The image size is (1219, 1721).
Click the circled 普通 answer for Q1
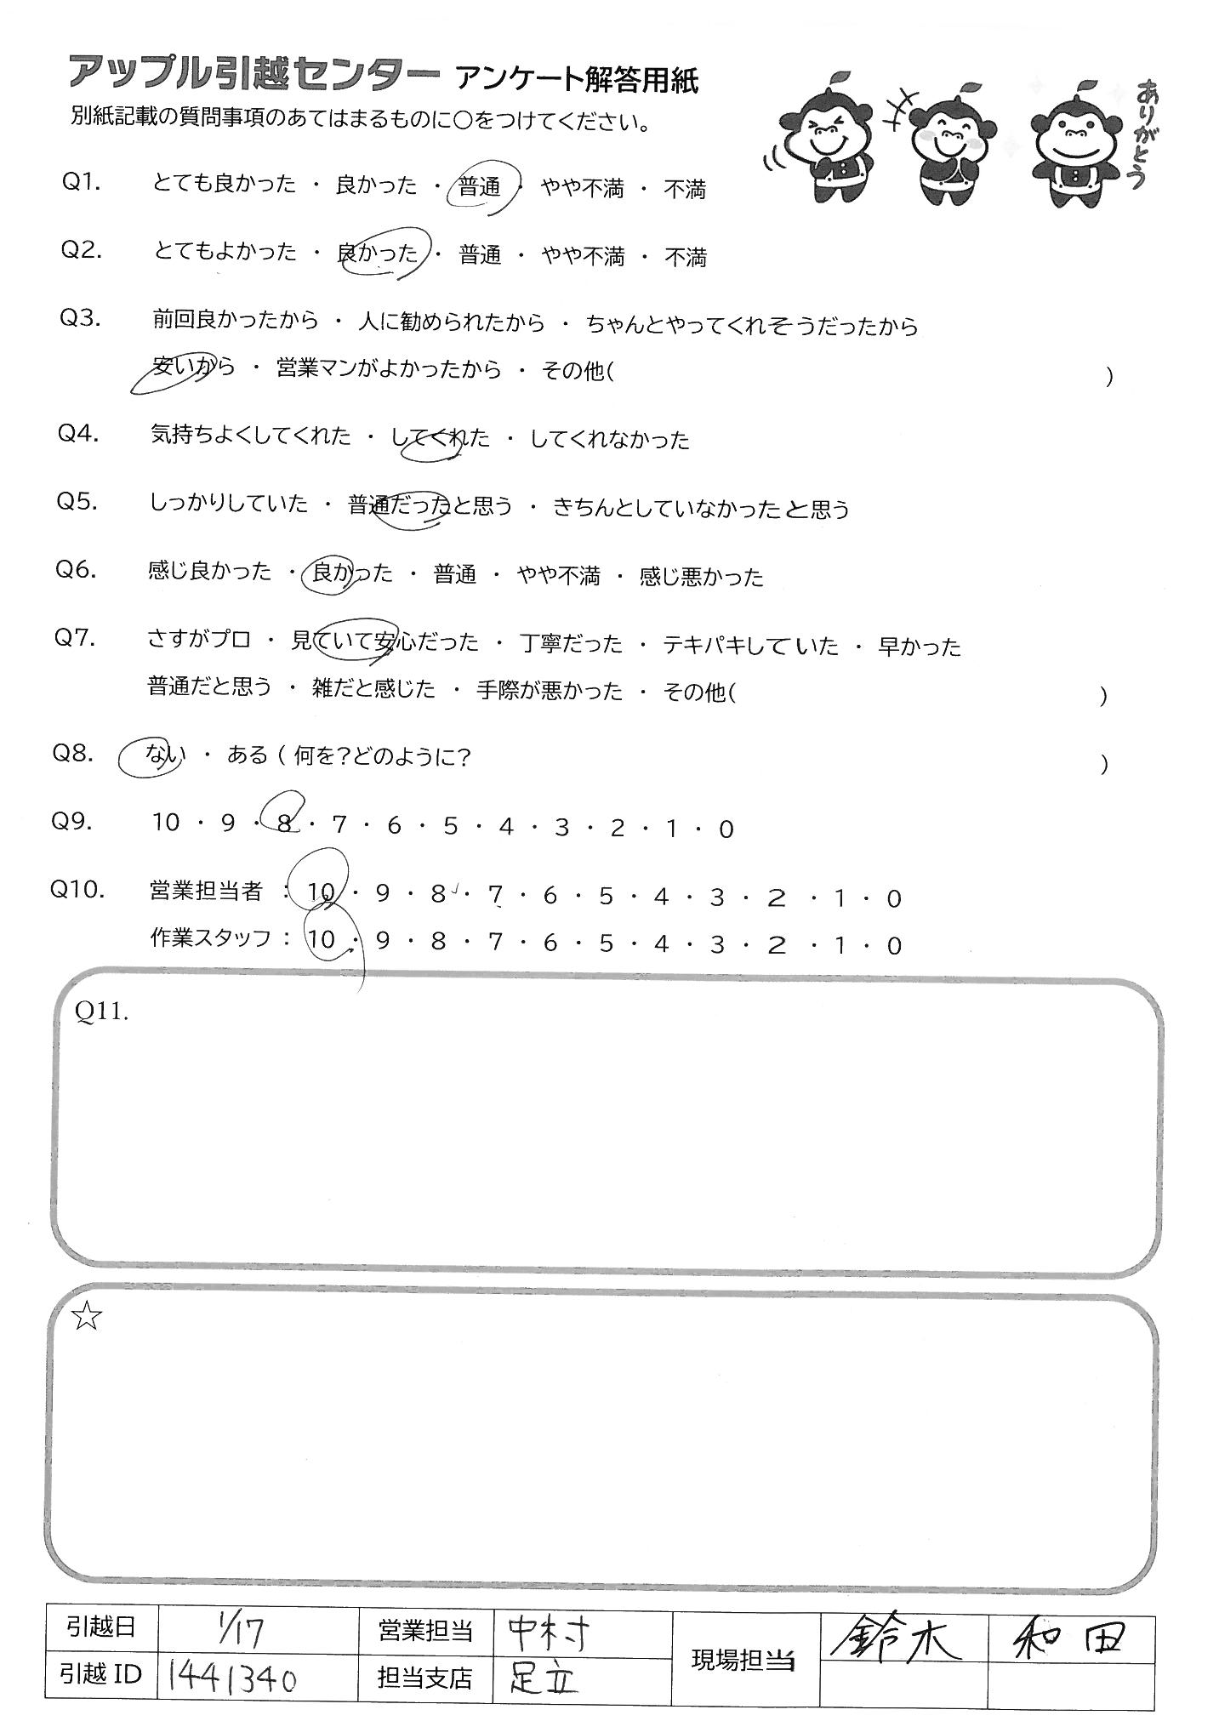pos(480,188)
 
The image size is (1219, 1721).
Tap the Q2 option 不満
pos(685,257)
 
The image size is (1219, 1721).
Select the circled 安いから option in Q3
pos(191,369)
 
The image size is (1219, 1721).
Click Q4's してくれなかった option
pos(609,440)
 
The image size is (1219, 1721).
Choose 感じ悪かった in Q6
pos(701,577)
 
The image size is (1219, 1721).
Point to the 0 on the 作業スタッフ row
pos(893,944)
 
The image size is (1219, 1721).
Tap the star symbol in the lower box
pos(87,1318)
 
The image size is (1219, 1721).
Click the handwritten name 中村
pos(548,1632)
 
